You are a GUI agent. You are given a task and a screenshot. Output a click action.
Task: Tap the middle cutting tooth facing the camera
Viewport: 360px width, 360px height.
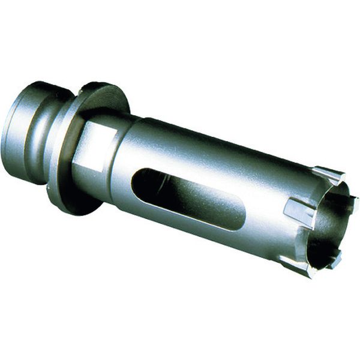pos(298,211)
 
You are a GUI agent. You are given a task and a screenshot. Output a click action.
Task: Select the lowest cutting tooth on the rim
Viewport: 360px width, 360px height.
pos(296,266)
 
